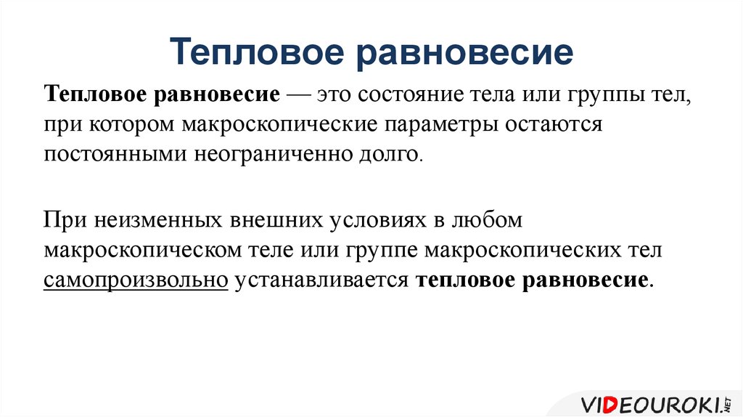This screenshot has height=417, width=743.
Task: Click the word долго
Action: [x=395, y=154]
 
